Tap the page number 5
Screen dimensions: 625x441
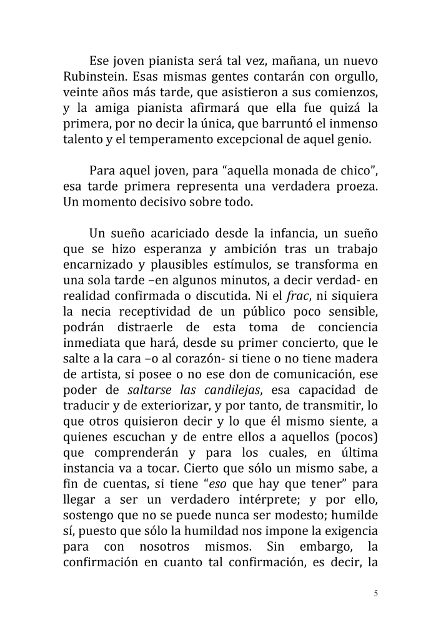coord(376,593)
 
